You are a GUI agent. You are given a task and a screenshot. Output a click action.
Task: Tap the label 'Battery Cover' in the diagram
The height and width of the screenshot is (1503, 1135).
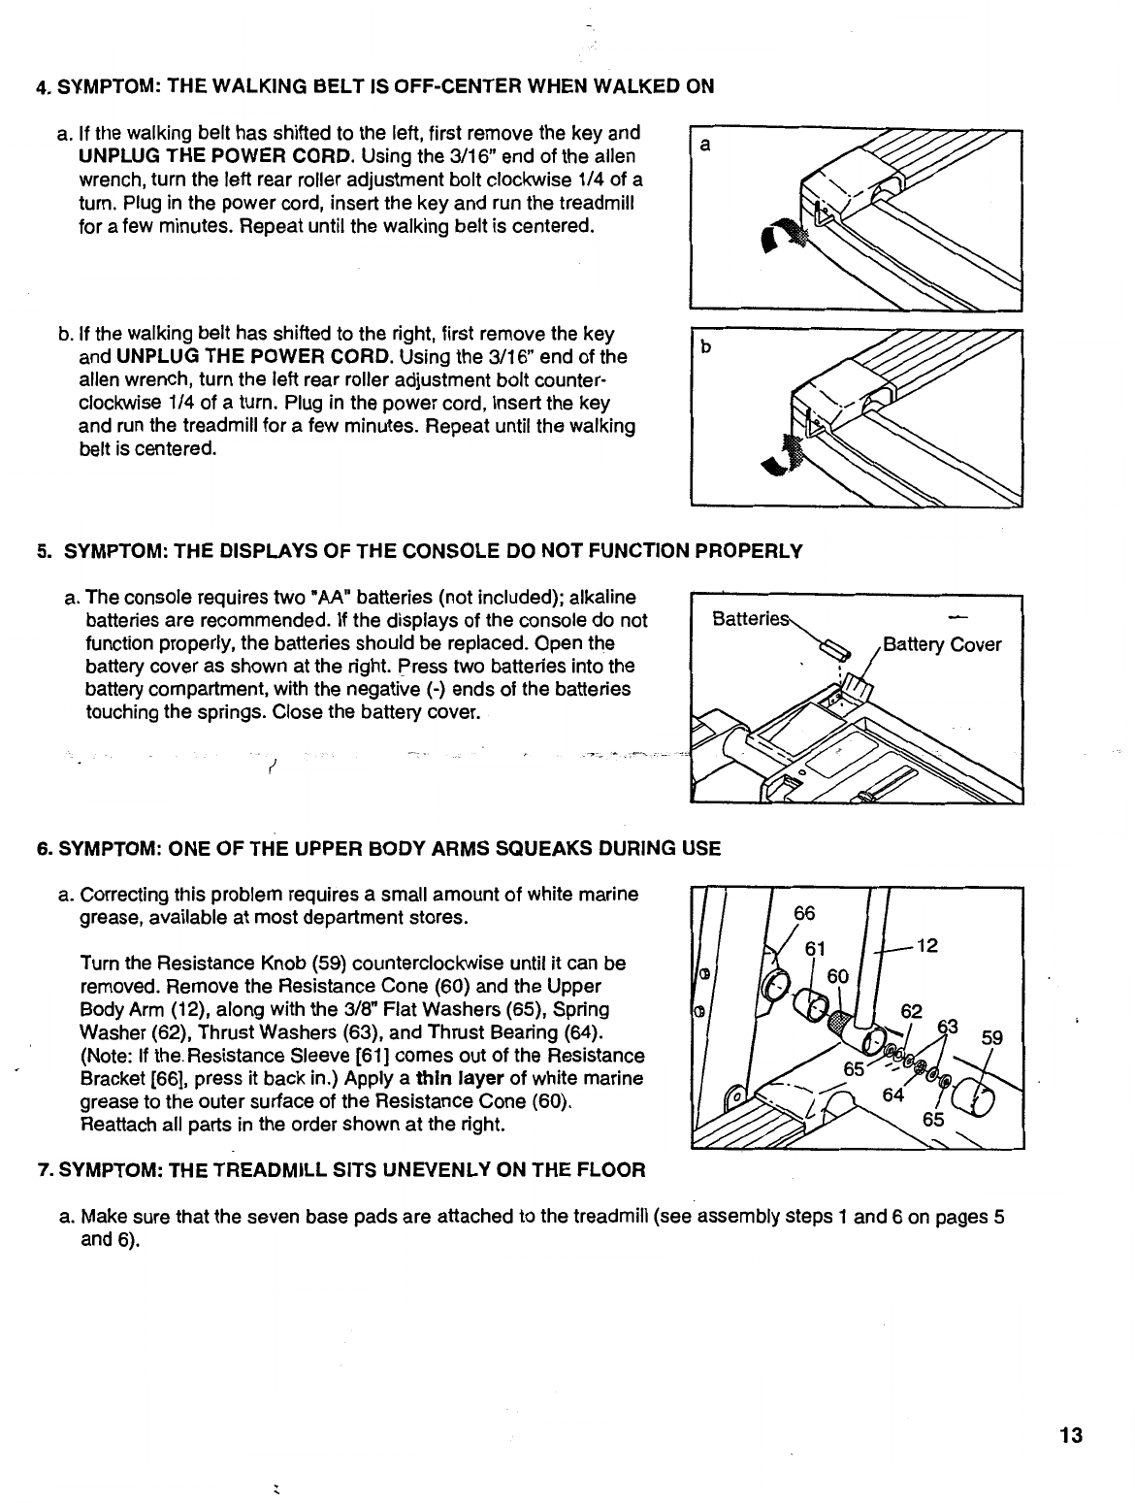pyautogui.click(x=941, y=645)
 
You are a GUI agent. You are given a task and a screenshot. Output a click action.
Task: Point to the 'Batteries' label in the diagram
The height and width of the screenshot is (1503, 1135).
pyautogui.click(x=751, y=619)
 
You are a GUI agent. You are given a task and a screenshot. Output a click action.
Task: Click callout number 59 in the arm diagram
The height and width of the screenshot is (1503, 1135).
pyautogui.click(x=991, y=1038)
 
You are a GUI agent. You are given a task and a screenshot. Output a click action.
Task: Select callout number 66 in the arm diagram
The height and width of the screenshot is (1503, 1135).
pyautogui.click(x=804, y=913)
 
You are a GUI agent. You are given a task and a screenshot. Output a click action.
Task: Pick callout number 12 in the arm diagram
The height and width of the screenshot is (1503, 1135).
pyautogui.click(x=926, y=946)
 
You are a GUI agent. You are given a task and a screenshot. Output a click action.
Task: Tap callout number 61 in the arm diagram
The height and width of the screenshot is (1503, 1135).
pyautogui.click(x=815, y=948)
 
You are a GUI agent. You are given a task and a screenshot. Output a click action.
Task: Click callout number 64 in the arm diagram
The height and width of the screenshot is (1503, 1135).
pyautogui.click(x=892, y=1095)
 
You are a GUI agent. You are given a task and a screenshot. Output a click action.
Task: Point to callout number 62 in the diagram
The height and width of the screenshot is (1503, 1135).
pyautogui.click(x=911, y=1011)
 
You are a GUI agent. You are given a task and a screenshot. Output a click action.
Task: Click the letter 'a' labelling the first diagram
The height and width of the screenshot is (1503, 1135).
pyautogui.click(x=705, y=146)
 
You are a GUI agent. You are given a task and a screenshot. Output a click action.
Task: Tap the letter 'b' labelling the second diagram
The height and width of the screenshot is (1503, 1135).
pyautogui.click(x=706, y=347)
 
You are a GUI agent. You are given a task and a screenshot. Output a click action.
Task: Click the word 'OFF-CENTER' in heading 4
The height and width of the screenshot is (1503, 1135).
pyautogui.click(x=453, y=86)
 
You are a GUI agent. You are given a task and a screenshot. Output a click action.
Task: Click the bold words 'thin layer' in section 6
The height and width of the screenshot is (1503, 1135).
pyautogui.click(x=460, y=1078)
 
